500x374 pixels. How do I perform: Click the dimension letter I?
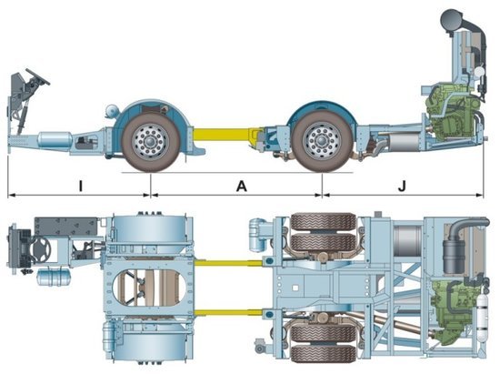81,186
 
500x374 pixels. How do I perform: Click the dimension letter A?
242,186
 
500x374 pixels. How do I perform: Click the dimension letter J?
403,186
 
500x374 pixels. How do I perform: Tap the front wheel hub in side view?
150,141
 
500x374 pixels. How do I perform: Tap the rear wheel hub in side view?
322,141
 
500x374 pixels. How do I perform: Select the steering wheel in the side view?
37,76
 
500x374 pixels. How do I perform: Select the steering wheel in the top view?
41,249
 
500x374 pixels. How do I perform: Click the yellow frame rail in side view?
224,134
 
